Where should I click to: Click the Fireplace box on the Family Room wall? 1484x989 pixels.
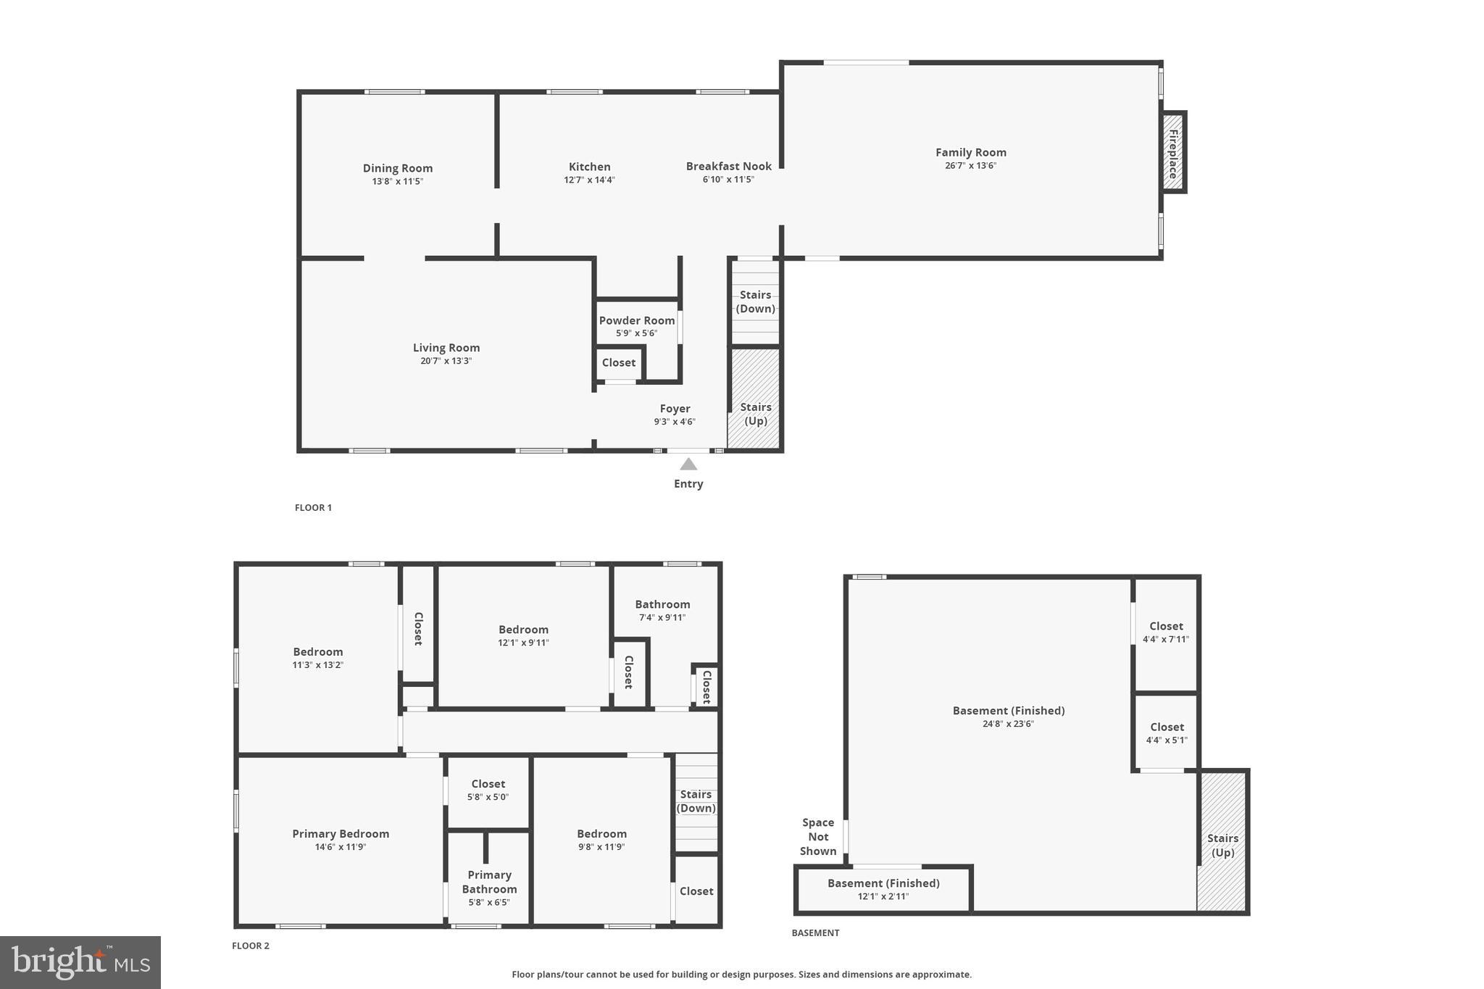(x=1172, y=153)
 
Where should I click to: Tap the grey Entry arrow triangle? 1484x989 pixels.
(x=688, y=464)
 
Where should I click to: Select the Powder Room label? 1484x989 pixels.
(x=636, y=320)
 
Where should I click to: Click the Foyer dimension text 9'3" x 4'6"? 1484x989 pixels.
(x=675, y=422)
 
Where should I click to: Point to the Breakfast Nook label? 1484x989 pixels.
(x=728, y=167)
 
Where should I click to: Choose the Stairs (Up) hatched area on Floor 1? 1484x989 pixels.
(x=754, y=399)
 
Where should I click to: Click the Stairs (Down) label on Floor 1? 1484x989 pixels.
(x=755, y=301)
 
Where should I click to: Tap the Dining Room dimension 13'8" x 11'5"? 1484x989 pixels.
(x=397, y=181)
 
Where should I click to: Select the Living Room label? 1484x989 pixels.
(x=446, y=348)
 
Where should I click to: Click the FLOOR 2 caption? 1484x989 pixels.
(x=251, y=946)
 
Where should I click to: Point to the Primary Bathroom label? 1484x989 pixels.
(x=489, y=882)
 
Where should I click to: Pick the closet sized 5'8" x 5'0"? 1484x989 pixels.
(x=488, y=790)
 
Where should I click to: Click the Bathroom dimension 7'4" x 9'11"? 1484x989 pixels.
(x=662, y=617)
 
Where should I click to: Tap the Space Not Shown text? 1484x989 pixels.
(x=818, y=837)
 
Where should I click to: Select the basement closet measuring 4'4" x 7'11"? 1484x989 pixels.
(x=1166, y=633)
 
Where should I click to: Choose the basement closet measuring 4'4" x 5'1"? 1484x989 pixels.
(x=1167, y=733)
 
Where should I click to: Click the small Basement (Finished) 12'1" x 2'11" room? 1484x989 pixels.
(x=883, y=889)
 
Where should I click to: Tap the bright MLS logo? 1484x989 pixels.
(x=80, y=962)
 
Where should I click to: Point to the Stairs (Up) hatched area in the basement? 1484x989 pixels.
(x=1222, y=844)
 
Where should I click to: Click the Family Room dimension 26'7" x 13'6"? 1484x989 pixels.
(x=970, y=165)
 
